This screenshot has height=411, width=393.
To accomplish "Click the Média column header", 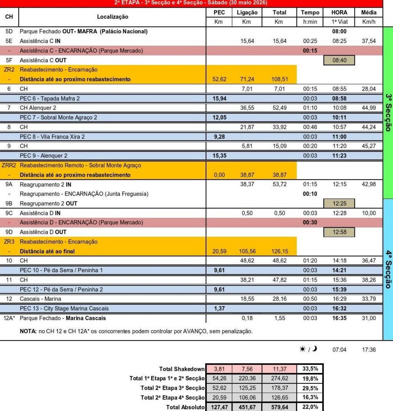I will pyautogui.click(x=369, y=12).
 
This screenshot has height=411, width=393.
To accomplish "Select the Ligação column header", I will pyautogui.click(x=247, y=12).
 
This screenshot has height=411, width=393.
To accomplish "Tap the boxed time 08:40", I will pyautogui.click(x=339, y=60).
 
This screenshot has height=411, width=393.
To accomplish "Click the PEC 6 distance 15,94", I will pyautogui.click(x=219, y=99).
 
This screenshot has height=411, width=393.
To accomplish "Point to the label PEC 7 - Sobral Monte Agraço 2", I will pyautogui.click(x=58, y=118).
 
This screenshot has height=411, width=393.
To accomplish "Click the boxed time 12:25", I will pyautogui.click(x=339, y=204).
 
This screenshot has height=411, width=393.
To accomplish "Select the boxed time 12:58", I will pyautogui.click(x=339, y=232).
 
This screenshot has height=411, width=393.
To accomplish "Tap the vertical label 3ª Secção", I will pyautogui.click(x=388, y=112).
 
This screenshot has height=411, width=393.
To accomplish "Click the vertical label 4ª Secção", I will pyautogui.click(x=388, y=269).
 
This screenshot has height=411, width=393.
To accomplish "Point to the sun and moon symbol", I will pyautogui.click(x=308, y=349).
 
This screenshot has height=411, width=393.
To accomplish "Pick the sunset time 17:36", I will pyautogui.click(x=369, y=350).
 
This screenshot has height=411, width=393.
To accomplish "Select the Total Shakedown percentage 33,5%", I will pyautogui.click(x=310, y=369).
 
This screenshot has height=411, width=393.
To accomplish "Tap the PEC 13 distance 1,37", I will pyautogui.click(x=219, y=308).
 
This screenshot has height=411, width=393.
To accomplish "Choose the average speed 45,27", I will pyautogui.click(x=369, y=146).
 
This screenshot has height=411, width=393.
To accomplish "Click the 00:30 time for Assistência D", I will pyautogui.click(x=310, y=222).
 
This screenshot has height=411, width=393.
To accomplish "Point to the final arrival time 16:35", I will pyautogui.click(x=339, y=318).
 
